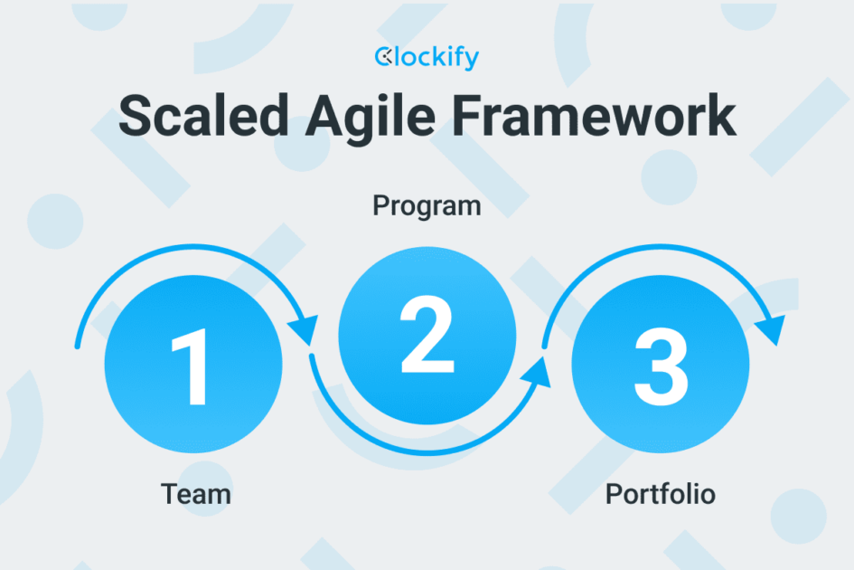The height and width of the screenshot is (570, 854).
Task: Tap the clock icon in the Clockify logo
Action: tap(382, 58)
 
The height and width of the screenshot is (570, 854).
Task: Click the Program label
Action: tap(427, 207)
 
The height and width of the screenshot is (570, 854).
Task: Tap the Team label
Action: tap(195, 494)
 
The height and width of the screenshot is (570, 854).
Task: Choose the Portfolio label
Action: tap(660, 495)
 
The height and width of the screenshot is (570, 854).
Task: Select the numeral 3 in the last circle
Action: tap(661, 368)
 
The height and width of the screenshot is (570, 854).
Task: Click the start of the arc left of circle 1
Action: tap(78, 344)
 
